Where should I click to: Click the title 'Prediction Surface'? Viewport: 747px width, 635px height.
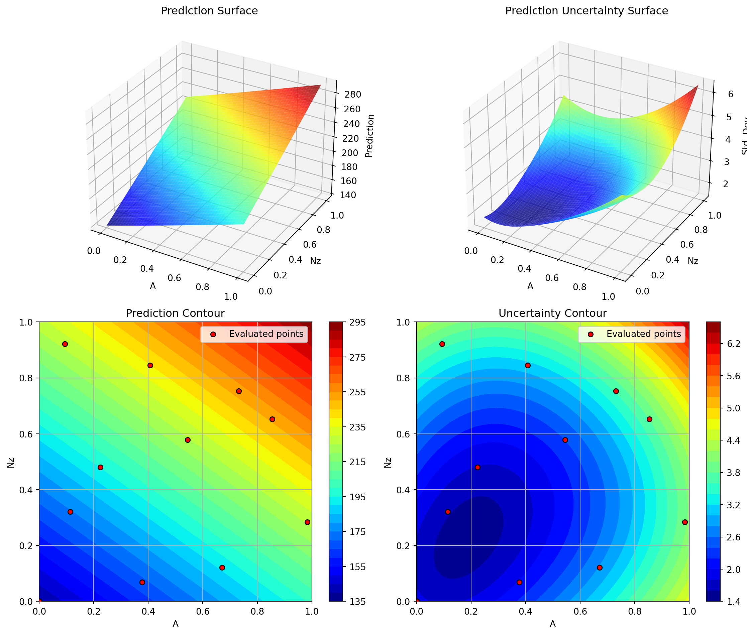[209, 11]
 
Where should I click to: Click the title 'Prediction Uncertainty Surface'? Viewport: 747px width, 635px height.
[586, 11]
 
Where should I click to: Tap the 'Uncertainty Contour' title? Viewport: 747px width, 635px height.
[552, 313]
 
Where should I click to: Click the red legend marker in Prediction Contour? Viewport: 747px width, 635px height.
[213, 335]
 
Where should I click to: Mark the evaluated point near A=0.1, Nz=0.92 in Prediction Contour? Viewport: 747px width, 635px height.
[65, 344]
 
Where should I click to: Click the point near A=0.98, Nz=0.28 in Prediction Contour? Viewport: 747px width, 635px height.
[307, 522]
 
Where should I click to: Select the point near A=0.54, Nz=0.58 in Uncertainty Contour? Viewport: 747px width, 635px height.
[565, 440]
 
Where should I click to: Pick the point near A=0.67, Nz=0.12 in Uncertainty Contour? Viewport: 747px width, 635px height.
[600, 568]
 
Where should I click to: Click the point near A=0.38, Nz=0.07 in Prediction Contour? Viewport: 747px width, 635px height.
[142, 583]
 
